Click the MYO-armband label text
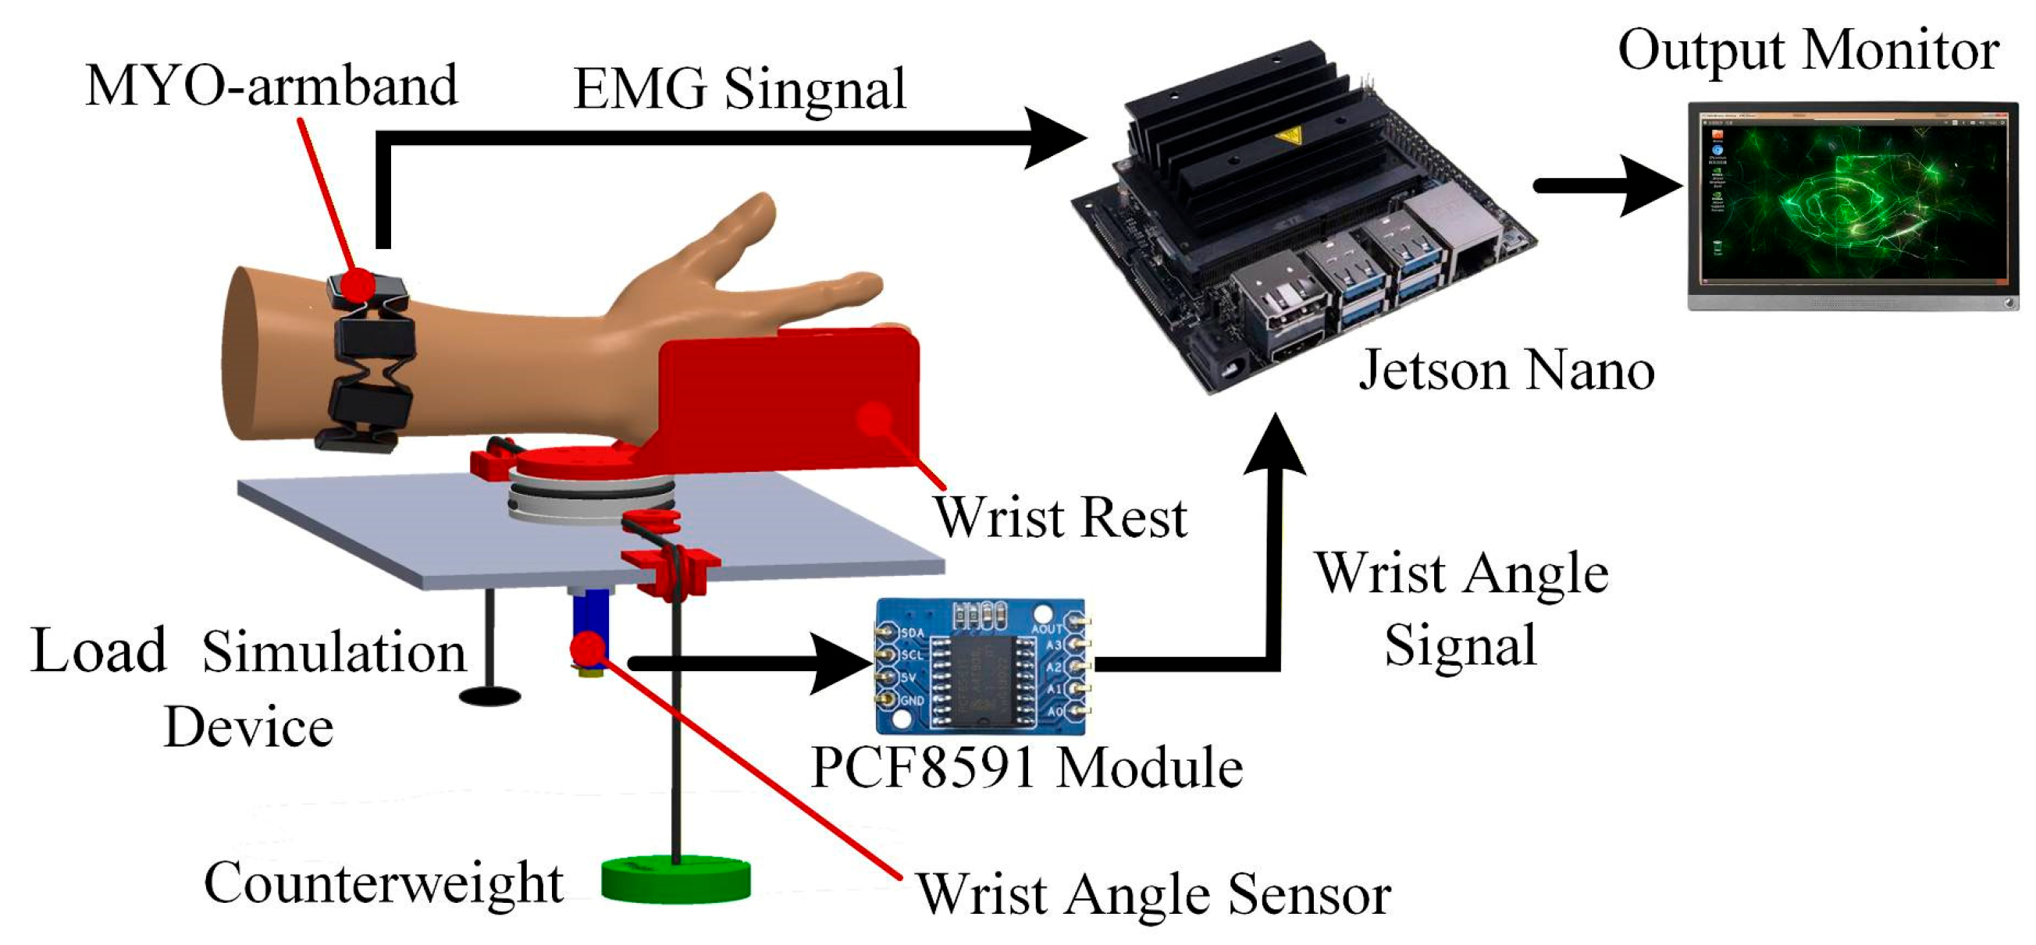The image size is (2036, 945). (271, 85)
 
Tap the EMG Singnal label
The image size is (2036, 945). (739, 88)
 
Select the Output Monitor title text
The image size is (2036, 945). (1808, 51)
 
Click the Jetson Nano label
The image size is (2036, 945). (1507, 370)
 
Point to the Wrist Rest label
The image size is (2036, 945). (1061, 517)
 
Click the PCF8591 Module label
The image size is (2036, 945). (1027, 767)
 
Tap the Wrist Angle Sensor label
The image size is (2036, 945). (1153, 894)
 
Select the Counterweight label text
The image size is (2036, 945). (383, 882)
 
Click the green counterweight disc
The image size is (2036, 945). (676, 880)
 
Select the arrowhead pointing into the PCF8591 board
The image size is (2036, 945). (842, 663)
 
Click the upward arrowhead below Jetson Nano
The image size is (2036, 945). (1274, 447)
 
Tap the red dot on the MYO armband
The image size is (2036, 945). (358, 282)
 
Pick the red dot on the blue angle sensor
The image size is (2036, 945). (588, 648)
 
